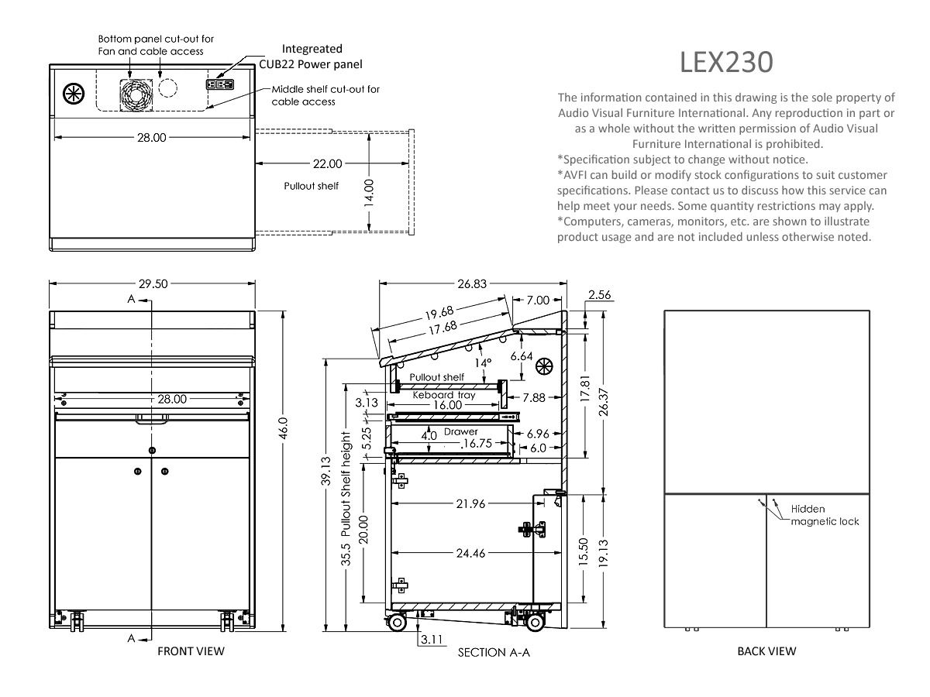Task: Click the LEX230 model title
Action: (x=726, y=63)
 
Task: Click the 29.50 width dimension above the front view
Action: (x=153, y=283)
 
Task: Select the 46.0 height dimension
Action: (x=284, y=427)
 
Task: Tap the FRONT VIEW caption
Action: (x=191, y=651)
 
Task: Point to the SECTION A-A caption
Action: (x=494, y=652)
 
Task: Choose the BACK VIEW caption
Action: (x=766, y=651)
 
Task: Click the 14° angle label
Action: (x=483, y=362)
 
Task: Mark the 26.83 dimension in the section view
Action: (x=472, y=283)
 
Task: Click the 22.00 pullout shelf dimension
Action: (x=327, y=163)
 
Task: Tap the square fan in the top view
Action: (x=136, y=95)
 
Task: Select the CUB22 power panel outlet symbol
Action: (x=220, y=84)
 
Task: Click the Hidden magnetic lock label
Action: (x=825, y=514)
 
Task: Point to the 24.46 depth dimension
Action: (x=470, y=553)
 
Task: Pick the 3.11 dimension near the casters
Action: (x=432, y=639)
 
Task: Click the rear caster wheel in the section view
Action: (x=535, y=623)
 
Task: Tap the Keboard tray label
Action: (x=443, y=395)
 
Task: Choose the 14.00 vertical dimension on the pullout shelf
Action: (x=369, y=193)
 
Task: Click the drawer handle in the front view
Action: (x=152, y=419)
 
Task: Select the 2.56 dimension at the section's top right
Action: (x=600, y=294)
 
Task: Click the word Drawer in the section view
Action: (x=460, y=431)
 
